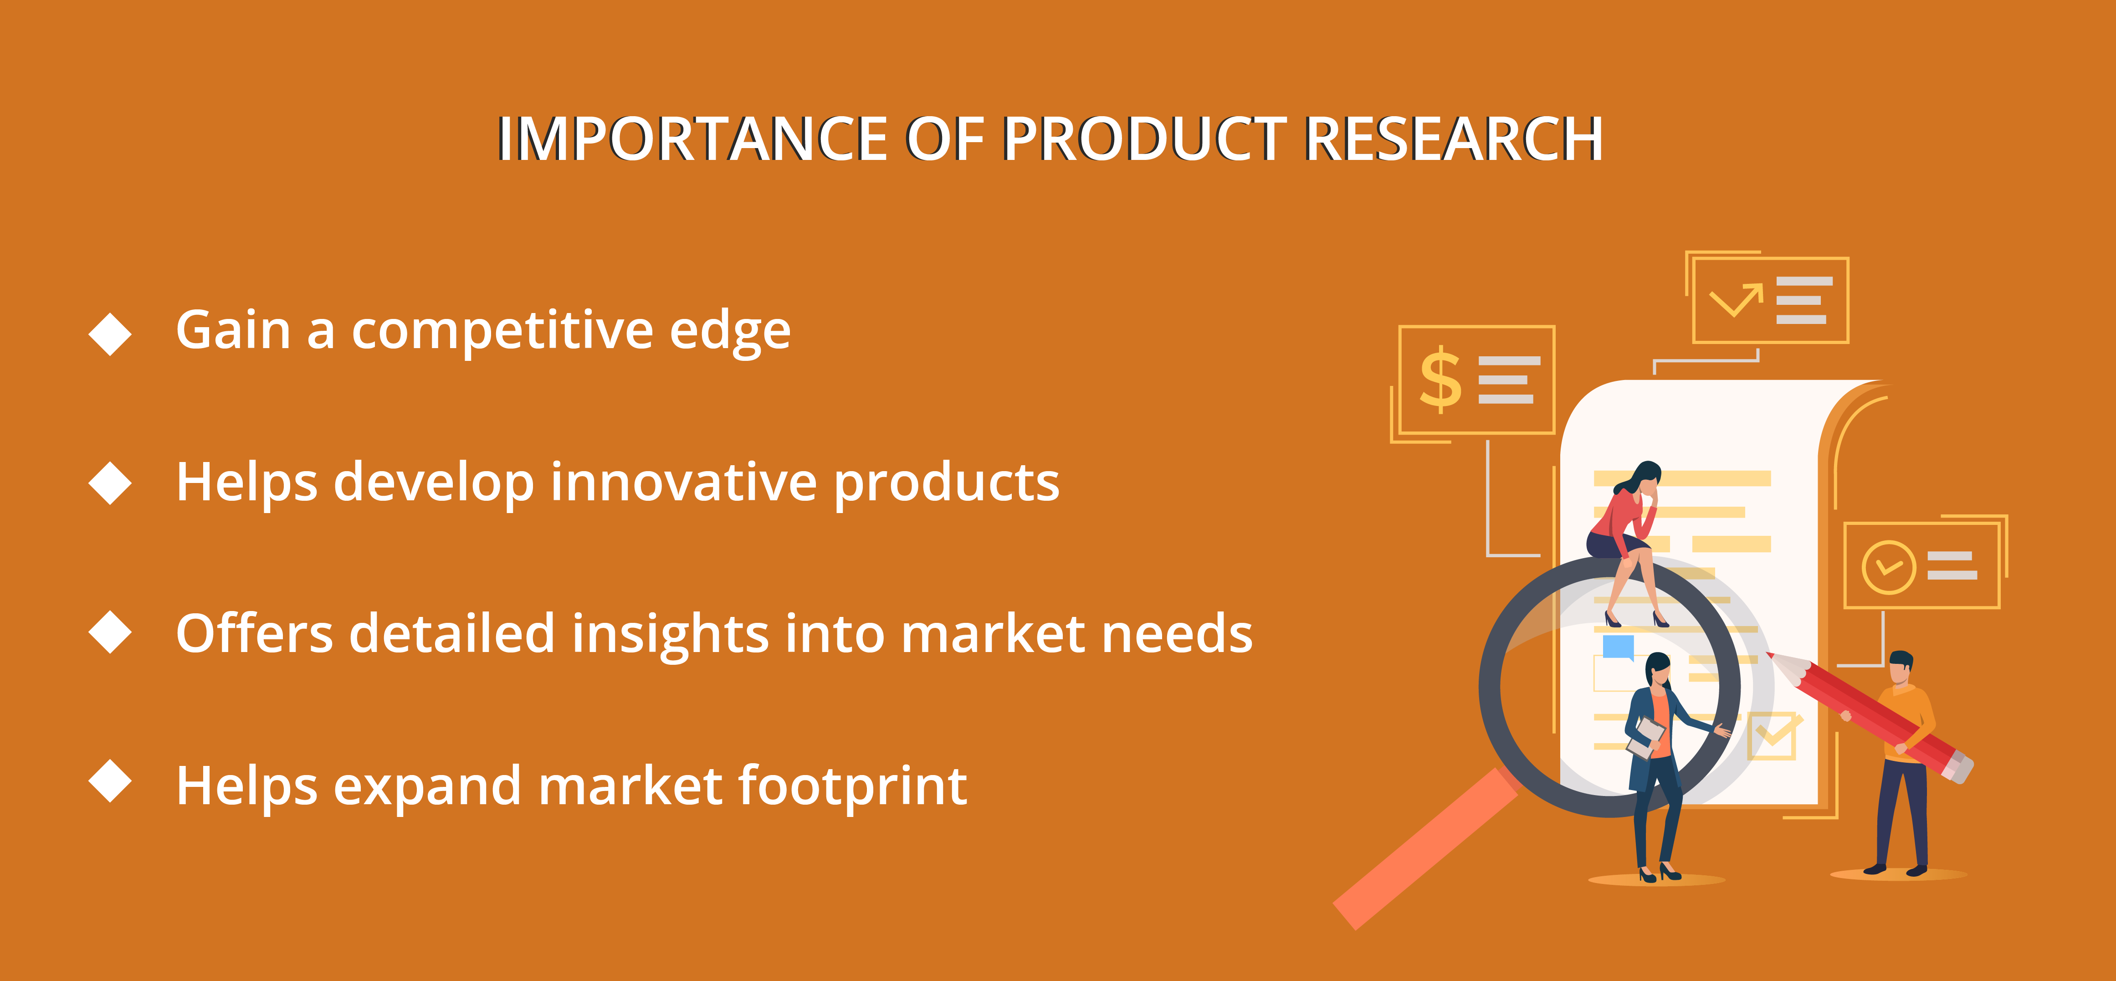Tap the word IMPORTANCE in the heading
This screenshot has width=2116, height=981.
tap(692, 138)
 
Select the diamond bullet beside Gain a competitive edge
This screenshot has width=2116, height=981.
tap(110, 334)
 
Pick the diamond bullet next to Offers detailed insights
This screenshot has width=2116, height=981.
tap(110, 632)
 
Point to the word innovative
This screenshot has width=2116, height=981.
tap(683, 482)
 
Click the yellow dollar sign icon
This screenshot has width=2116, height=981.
tap(1441, 379)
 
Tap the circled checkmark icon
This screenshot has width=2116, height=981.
tap(1889, 567)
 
